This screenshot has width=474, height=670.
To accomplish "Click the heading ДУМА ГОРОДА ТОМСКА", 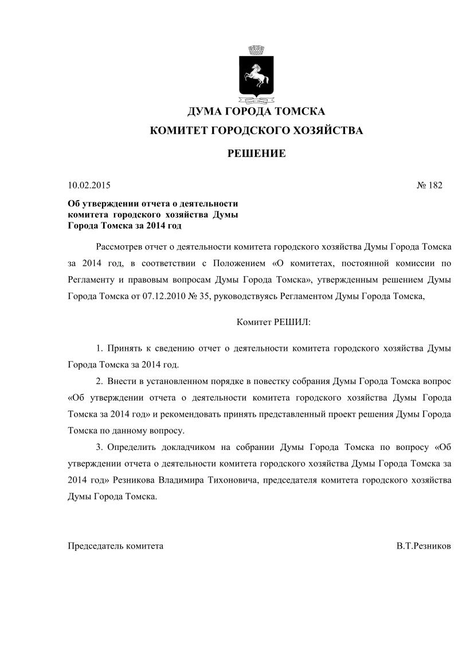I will (256, 111).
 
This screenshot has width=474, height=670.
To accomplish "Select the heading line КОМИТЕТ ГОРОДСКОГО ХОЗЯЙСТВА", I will (256, 131).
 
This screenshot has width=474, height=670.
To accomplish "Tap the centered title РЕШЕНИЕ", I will (256, 154).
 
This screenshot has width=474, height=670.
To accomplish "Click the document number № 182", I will (429, 185).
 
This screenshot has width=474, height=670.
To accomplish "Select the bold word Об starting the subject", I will (74, 203).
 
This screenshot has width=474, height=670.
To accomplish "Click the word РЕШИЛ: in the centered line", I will (292, 323).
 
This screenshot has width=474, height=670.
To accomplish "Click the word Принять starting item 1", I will (125, 348).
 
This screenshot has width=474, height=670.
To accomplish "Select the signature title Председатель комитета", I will (116, 546).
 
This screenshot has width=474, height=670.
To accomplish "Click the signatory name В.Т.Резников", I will (423, 546).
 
